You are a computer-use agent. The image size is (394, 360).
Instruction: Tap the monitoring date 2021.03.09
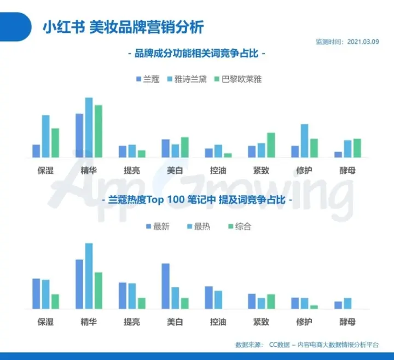click(367, 42)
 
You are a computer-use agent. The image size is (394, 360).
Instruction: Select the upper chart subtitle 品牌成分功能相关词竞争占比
click(196, 54)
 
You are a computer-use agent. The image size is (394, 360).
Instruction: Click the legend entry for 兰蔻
click(148, 79)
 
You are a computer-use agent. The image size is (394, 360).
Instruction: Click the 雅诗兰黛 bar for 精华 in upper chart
click(89, 127)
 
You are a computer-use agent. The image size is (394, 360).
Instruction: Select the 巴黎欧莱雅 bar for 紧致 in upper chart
click(271, 145)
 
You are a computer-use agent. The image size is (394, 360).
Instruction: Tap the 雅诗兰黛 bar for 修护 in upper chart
click(304, 141)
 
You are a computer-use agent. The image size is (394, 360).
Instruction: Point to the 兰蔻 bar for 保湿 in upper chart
click(36, 151)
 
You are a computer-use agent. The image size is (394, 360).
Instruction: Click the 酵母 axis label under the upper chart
click(347, 170)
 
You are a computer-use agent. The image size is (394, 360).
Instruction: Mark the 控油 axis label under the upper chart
click(218, 170)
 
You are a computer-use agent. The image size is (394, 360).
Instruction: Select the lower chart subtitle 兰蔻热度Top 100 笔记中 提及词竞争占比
click(196, 201)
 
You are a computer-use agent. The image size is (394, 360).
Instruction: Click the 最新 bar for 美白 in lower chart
click(166, 286)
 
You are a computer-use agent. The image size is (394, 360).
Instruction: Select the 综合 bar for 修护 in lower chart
click(314, 307)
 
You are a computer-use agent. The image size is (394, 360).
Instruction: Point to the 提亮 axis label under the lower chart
click(132, 322)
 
